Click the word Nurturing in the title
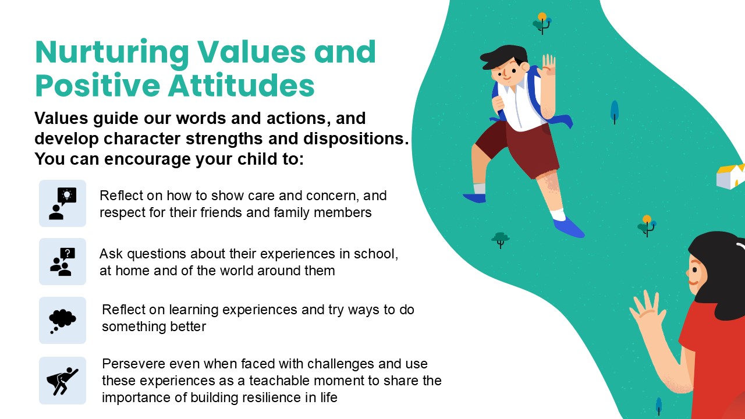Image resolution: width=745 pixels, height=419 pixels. [x=112, y=53]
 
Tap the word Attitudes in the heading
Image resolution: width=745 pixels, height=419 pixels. [x=241, y=85]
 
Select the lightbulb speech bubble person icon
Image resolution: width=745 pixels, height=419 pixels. [x=62, y=204]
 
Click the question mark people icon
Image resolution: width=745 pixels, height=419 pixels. [x=62, y=262]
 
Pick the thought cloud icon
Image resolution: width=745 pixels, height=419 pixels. [x=62, y=321]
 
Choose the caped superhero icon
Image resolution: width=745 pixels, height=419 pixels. [x=62, y=381]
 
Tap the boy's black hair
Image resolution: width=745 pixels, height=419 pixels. [x=505, y=57]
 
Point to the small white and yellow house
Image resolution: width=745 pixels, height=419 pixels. [x=730, y=176]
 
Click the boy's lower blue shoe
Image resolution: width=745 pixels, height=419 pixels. [x=569, y=228]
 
